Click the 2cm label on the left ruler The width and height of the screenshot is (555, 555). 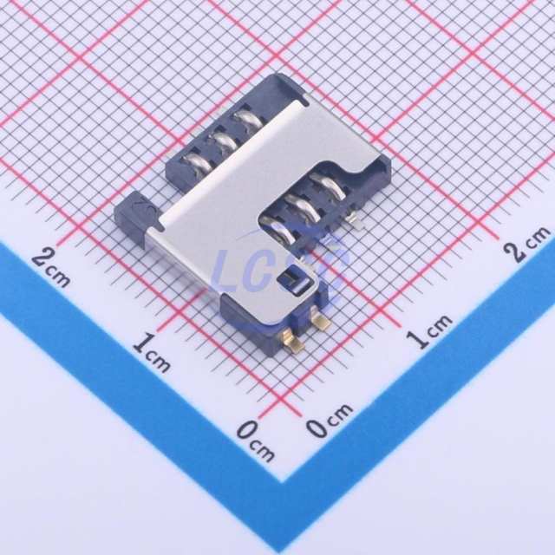tap(50, 267)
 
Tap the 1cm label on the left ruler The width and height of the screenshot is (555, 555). tap(152, 353)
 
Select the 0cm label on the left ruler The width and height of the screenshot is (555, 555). tap(256, 441)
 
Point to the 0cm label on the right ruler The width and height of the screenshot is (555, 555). tap(330, 420)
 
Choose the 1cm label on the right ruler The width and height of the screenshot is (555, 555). tap(428, 331)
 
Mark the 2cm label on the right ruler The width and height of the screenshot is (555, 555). tap(527, 244)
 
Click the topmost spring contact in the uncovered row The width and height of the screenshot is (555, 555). tap(248, 119)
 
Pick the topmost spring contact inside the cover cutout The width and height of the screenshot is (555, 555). tap(329, 186)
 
